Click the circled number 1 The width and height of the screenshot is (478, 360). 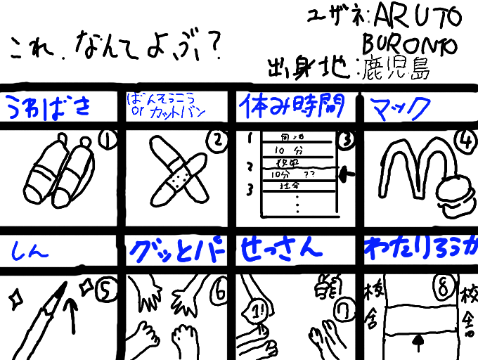point(108,143)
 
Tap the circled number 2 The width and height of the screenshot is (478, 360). point(218,143)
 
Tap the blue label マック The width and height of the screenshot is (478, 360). point(400,108)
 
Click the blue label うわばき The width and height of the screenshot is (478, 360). point(49,108)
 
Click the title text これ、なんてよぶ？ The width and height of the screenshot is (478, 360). point(117,49)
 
